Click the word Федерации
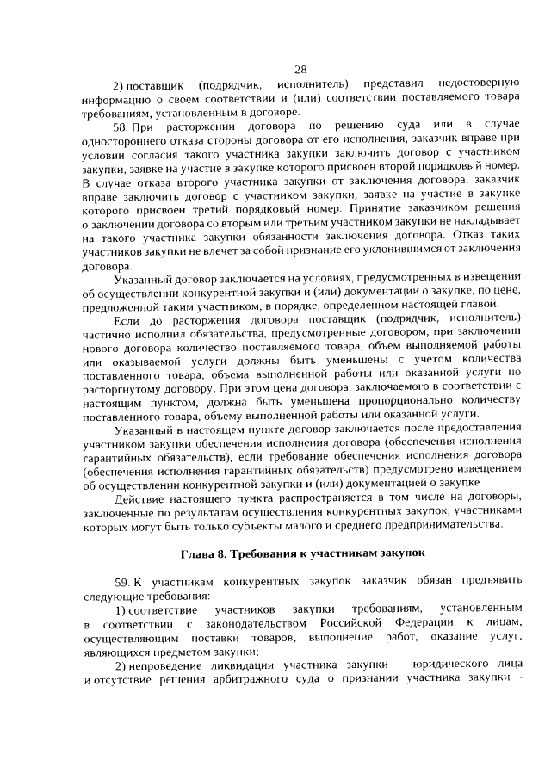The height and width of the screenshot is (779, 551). pos(424,622)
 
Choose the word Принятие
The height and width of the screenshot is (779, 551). pos(404,207)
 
